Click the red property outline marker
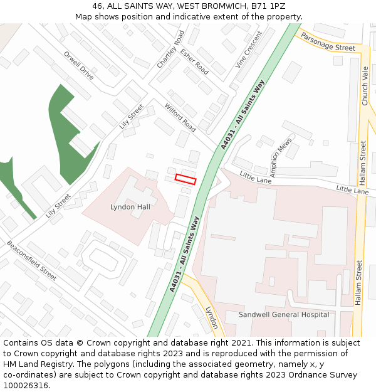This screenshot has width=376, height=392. (x=185, y=179)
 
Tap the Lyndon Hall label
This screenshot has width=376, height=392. (x=130, y=206)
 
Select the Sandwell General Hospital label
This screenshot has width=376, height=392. (x=284, y=314)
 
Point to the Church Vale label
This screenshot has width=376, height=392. (x=365, y=86)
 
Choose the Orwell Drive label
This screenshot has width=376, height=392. (x=79, y=65)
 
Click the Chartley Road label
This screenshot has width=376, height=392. (x=170, y=50)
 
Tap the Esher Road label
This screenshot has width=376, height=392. (x=194, y=60)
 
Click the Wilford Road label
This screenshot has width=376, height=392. (x=180, y=118)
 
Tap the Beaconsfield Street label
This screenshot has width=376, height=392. (x=32, y=260)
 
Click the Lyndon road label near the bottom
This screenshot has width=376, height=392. (x=211, y=317)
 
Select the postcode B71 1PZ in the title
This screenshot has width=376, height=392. (x=268, y=6)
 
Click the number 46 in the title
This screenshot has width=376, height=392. (x=97, y=6)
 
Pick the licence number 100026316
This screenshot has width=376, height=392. (x=27, y=385)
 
